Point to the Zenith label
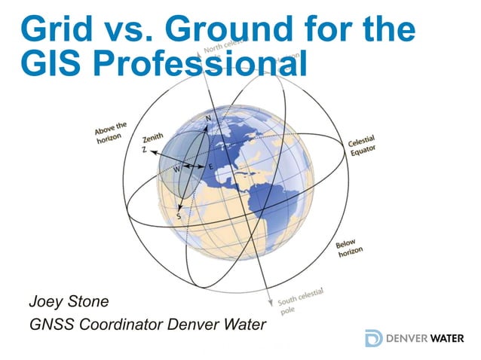point(153,139)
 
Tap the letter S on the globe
point(179,216)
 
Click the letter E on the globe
point(210,166)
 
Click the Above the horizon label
point(112,133)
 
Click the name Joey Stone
point(69,302)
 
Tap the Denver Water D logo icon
point(372,338)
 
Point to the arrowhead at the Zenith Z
point(150,152)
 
